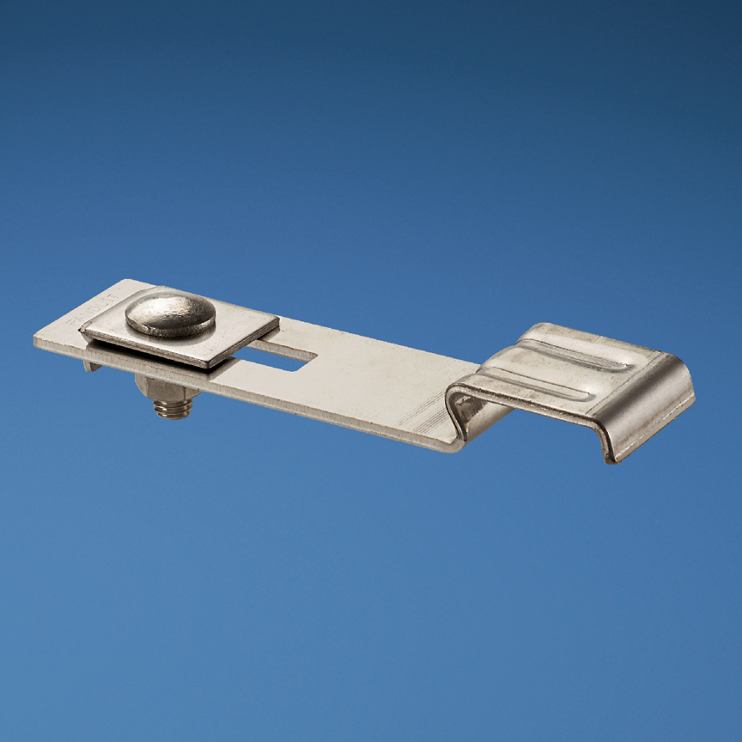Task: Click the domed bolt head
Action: [x=170, y=314]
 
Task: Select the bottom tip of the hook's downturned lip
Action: [x=611, y=460]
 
